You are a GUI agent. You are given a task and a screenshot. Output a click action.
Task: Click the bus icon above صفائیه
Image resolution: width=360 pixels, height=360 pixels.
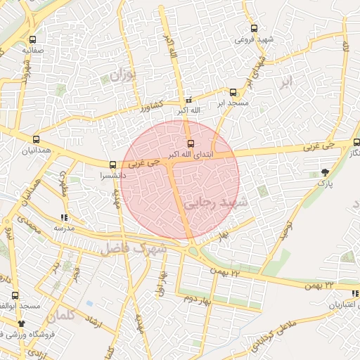click(34, 39)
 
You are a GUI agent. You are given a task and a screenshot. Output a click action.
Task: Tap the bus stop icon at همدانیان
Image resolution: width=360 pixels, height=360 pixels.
click(36, 139)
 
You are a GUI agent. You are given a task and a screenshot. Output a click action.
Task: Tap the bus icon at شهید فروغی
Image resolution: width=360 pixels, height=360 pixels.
click(254, 29)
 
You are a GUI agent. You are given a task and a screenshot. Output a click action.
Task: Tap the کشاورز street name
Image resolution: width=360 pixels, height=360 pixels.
click(150, 105)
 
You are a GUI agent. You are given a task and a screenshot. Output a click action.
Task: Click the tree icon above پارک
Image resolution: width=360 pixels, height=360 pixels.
click(324, 172)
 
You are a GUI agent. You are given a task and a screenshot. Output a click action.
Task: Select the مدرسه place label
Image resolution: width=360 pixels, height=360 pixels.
click(64, 229)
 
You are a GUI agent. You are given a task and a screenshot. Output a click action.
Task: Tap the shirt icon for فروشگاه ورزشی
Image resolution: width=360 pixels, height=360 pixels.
click(21, 323)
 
